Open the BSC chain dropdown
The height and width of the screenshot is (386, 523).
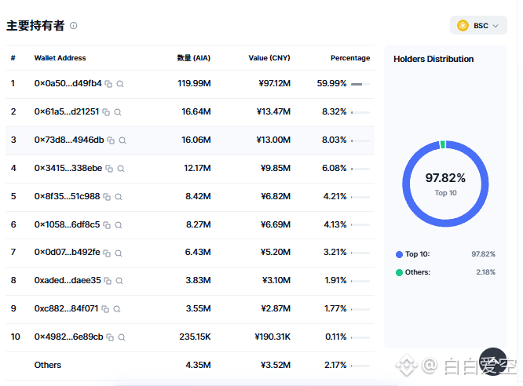[x=478, y=25]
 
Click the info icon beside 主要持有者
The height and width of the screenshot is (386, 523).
[x=73, y=26]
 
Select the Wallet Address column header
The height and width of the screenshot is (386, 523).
[x=60, y=58]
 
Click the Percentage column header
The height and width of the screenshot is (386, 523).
[x=350, y=58]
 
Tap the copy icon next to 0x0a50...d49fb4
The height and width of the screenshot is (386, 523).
[x=108, y=84]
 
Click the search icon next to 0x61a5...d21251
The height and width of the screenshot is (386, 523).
[x=118, y=112]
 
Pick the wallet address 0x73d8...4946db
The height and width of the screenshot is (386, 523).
[x=69, y=140]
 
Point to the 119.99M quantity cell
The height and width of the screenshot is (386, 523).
[x=194, y=83]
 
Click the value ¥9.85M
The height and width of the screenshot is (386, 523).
[x=276, y=168]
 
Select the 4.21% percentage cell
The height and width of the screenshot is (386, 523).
[x=335, y=196]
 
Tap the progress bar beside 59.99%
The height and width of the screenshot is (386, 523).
[x=360, y=84]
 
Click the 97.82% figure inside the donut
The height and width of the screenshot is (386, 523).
[x=445, y=178]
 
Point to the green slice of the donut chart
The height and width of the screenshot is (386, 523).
[x=443, y=144]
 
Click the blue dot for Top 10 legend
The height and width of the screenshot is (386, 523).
[x=399, y=255]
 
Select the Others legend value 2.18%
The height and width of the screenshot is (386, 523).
[x=485, y=272]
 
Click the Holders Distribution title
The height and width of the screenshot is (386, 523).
[x=433, y=59]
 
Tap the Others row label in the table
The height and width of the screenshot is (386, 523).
[x=48, y=365]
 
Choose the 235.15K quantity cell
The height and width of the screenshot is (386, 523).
[x=195, y=337]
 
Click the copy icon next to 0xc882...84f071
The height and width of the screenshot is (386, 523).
[x=105, y=309]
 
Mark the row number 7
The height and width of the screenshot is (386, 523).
[x=13, y=252]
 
